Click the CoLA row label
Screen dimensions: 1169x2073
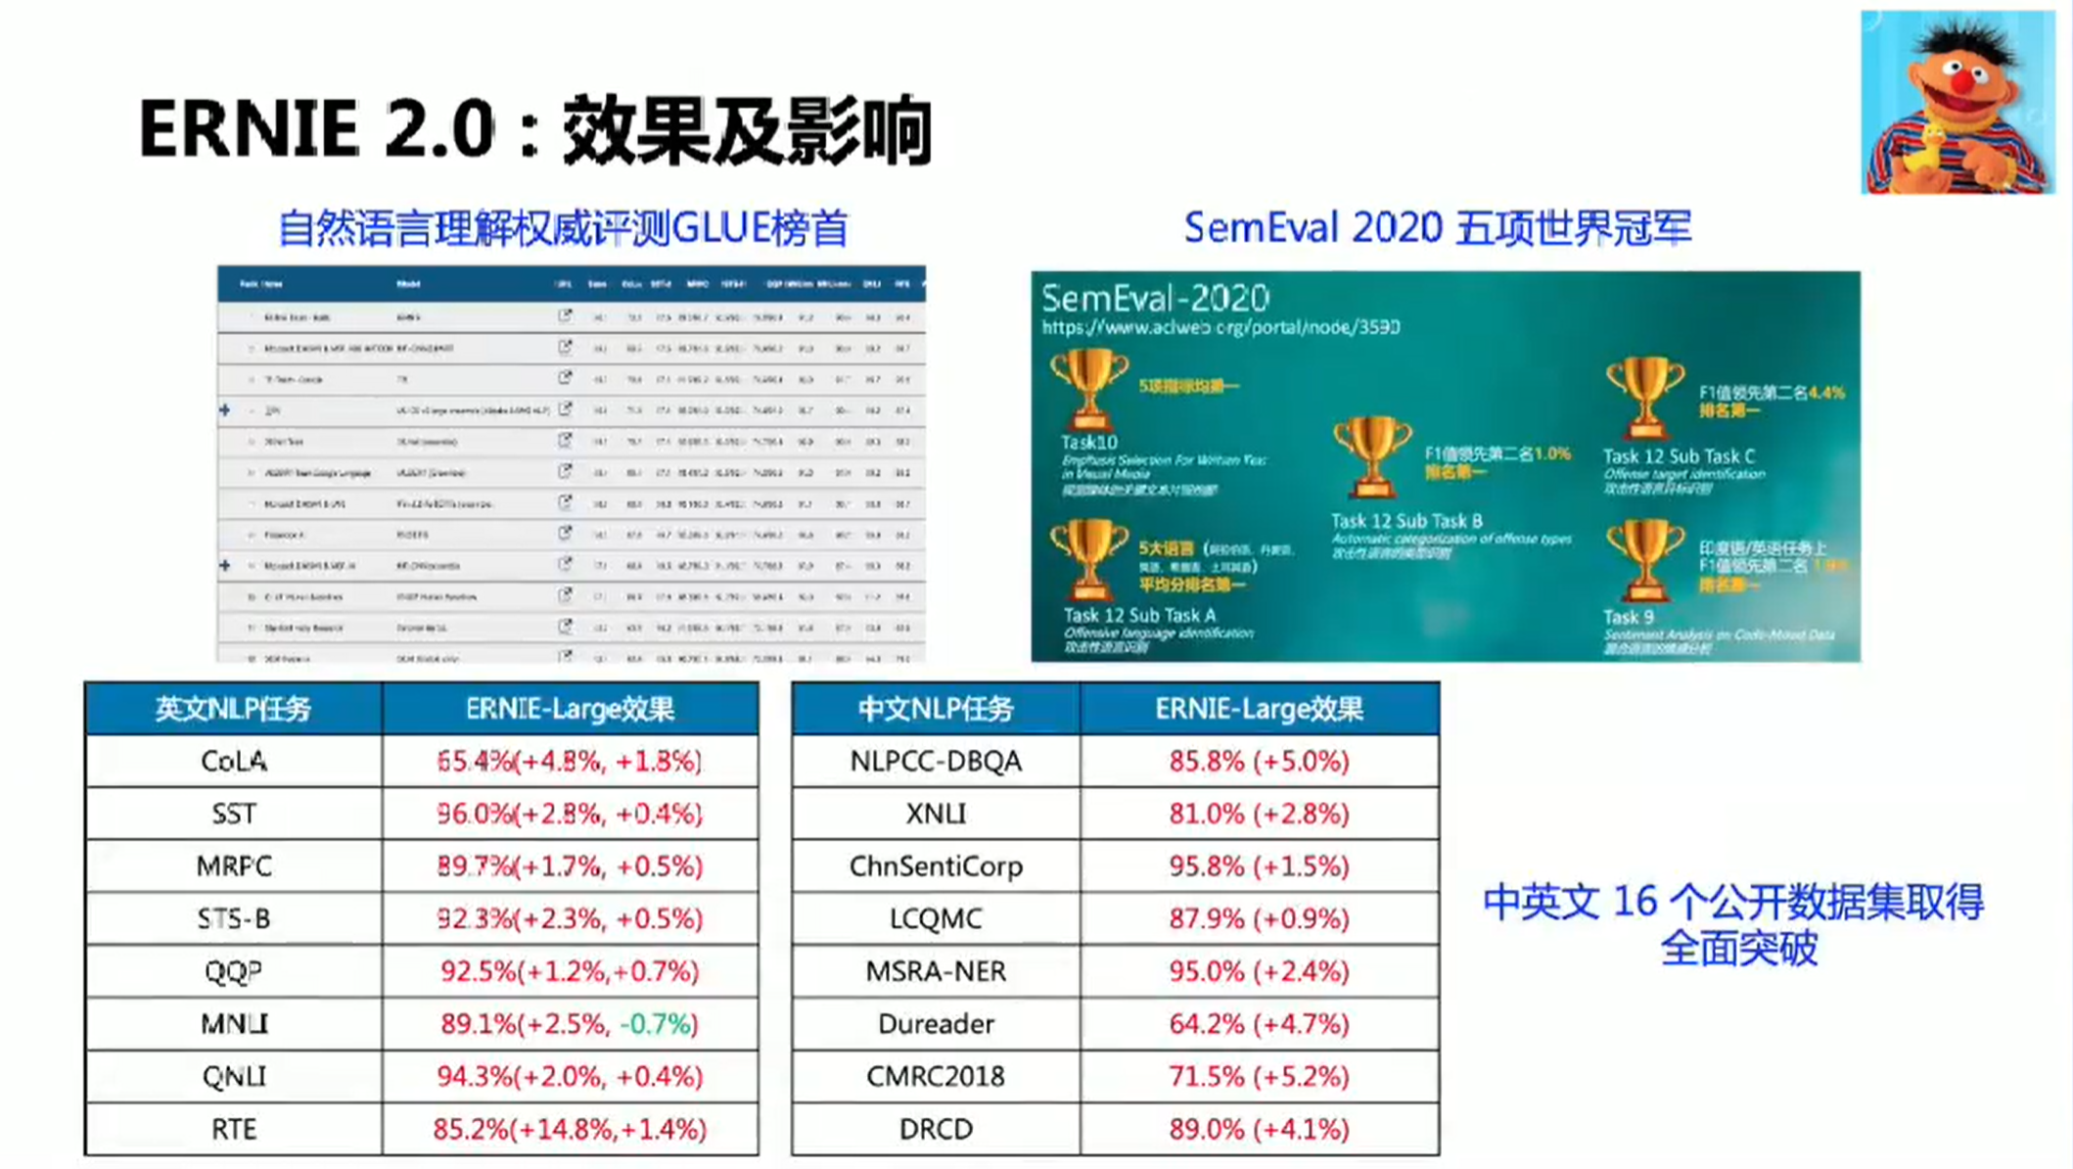(x=233, y=761)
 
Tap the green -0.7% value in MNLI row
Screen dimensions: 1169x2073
(x=657, y=1024)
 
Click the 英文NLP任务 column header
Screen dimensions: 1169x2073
(x=233, y=709)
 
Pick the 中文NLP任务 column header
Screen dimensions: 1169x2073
(x=935, y=709)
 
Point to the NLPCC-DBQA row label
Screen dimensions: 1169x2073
(x=935, y=761)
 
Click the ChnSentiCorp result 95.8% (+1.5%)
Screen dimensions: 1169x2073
(x=1259, y=866)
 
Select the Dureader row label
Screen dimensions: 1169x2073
(x=935, y=1024)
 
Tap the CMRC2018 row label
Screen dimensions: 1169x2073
(x=935, y=1076)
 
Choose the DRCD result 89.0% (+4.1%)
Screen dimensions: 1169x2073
(x=1259, y=1129)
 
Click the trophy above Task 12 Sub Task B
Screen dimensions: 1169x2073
(x=1371, y=455)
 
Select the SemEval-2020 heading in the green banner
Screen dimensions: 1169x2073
(x=1155, y=298)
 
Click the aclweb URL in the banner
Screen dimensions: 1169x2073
(x=1221, y=327)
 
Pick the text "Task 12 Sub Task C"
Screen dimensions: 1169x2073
(x=1679, y=456)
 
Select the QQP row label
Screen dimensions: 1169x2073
(x=233, y=971)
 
